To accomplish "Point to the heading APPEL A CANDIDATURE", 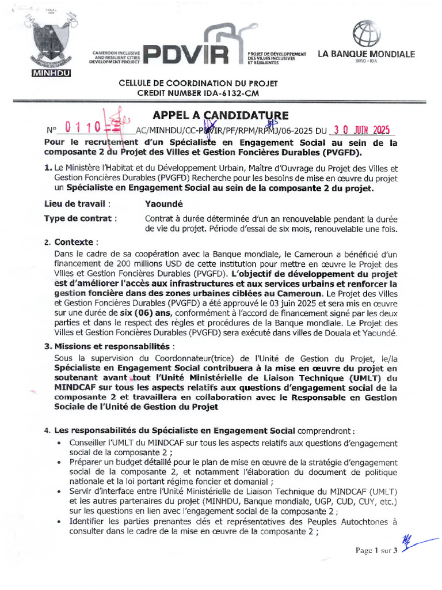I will [220, 116].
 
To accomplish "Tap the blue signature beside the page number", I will [417, 543].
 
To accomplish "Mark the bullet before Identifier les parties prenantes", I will [60, 522].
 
